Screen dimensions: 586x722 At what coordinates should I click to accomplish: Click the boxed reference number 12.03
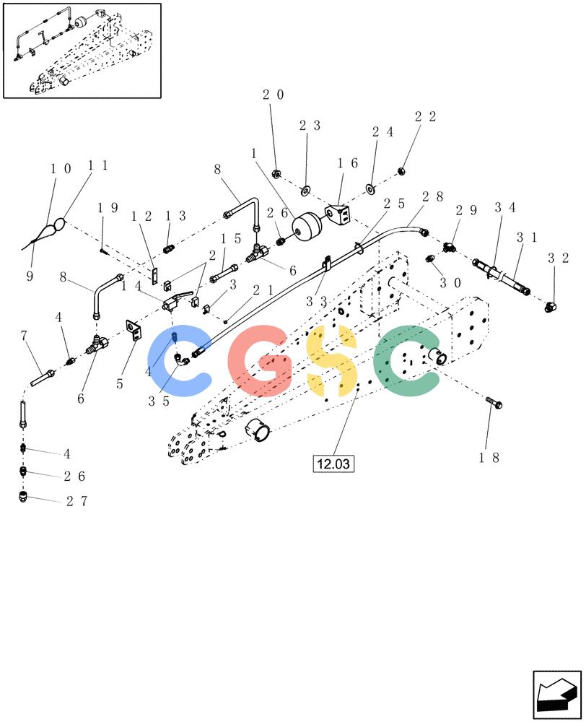click(333, 464)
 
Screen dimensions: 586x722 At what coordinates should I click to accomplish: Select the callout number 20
click(273, 95)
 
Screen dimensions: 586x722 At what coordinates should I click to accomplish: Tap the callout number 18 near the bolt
click(489, 458)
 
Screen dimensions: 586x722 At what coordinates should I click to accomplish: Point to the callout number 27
click(76, 501)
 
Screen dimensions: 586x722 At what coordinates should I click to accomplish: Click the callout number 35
click(159, 401)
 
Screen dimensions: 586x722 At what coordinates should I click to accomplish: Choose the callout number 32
click(559, 258)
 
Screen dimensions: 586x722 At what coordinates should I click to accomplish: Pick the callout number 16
click(347, 163)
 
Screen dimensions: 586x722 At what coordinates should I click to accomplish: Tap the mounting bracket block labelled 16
click(338, 214)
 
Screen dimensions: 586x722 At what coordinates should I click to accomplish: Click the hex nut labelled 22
click(401, 172)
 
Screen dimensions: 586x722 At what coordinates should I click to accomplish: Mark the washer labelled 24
click(370, 188)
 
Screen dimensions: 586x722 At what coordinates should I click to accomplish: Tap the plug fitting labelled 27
click(24, 497)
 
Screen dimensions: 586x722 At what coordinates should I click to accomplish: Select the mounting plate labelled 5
click(134, 331)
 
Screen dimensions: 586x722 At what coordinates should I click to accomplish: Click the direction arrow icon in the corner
click(557, 695)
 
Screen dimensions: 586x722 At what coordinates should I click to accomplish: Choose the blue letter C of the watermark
click(178, 361)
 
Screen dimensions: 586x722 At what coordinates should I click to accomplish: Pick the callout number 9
click(30, 277)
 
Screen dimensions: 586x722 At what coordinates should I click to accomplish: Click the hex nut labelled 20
click(276, 174)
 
